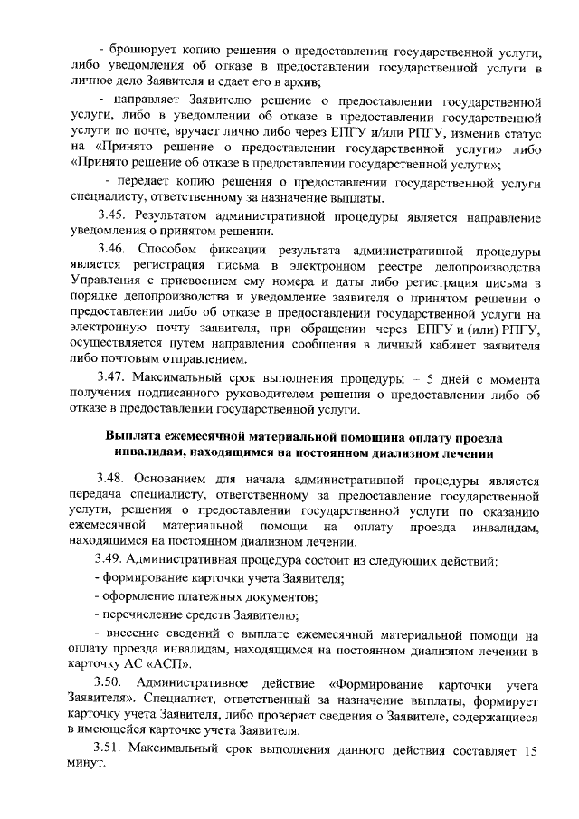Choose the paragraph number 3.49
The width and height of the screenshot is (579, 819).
(114, 557)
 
